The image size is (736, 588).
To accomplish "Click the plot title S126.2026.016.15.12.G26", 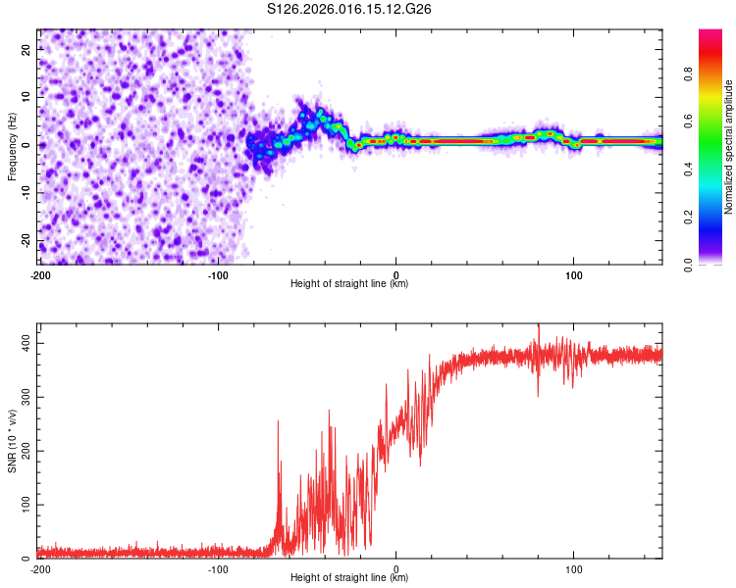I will coord(350,10).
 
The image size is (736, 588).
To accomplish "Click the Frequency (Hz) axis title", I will coord(12,147).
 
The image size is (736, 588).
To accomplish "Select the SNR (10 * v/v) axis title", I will coord(12,440).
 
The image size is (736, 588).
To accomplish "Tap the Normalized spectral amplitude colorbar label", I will coord(729,147).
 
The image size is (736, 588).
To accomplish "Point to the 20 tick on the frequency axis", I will coord(27,51).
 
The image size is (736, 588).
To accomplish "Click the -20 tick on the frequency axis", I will coord(26,240).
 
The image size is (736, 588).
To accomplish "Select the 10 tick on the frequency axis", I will coord(27,98).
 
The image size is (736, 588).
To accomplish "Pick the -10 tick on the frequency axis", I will coord(26,193).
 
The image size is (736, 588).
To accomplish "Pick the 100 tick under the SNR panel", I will coord(574,569).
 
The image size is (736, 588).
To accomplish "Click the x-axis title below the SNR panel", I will coord(349,578).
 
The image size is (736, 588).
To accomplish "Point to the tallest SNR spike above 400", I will coord(538,326).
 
